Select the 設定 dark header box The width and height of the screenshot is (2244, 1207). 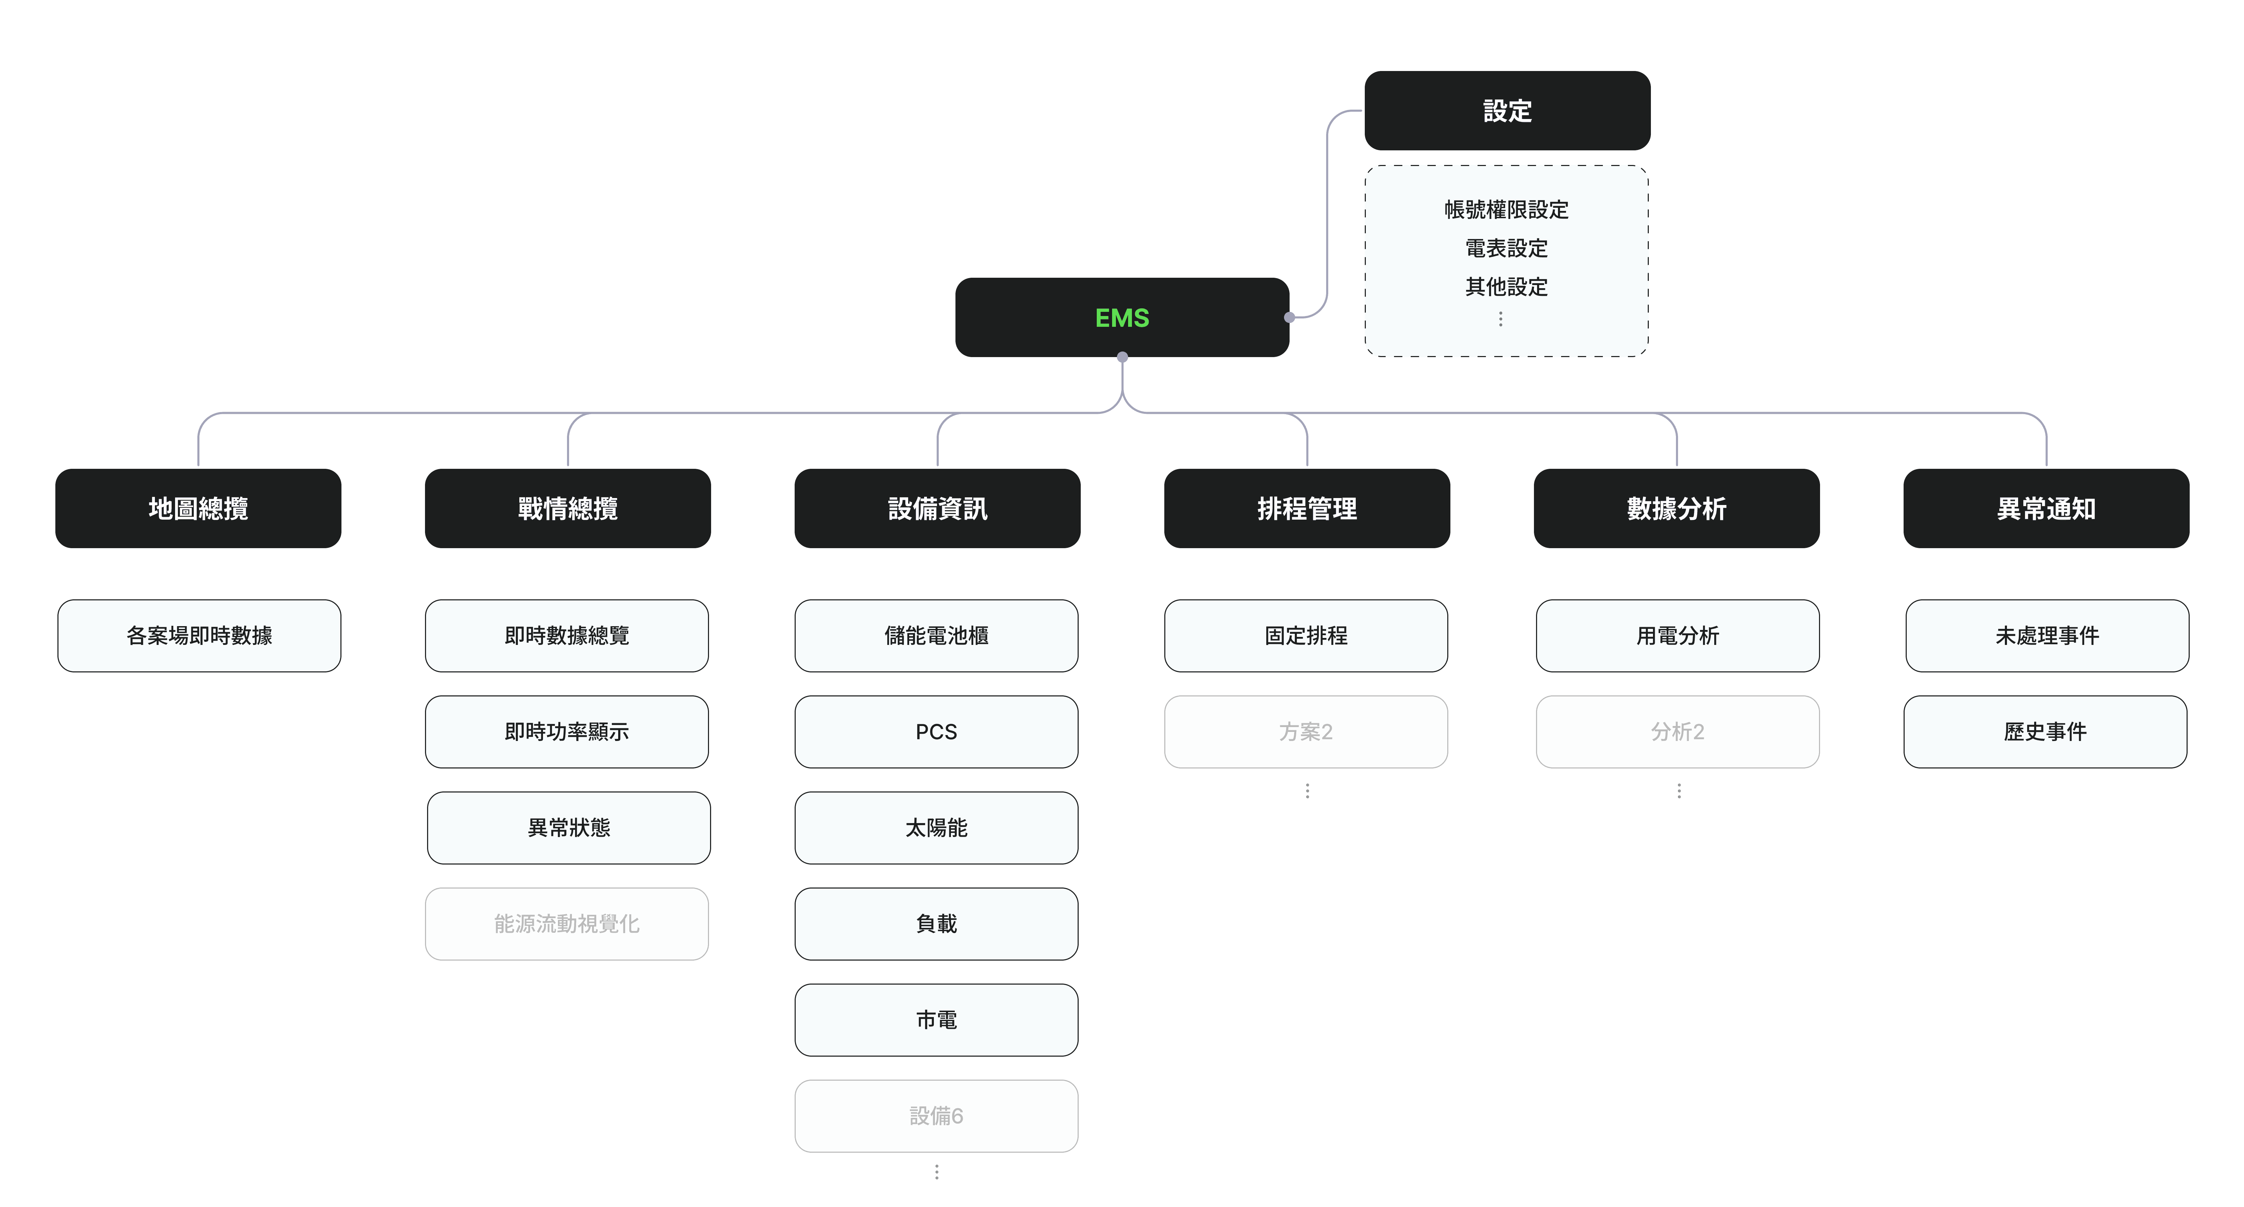pos(1507,111)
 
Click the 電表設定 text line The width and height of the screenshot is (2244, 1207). pos(1506,248)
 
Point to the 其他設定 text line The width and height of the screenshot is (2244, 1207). pos(1506,286)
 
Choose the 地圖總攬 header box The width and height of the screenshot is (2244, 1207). pos(199,508)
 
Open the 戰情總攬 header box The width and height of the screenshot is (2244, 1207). pos(568,508)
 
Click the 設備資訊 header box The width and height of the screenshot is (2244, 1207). pos(937,508)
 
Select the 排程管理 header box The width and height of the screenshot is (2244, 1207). pos(1307,508)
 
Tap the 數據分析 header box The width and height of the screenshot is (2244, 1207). pos(1677,508)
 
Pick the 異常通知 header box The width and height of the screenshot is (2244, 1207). pos(2046,508)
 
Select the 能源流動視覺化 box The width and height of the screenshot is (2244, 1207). pos(567,924)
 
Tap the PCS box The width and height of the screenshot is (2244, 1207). pos(936,732)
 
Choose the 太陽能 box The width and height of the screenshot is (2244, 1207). pos(936,828)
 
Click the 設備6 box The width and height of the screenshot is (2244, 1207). pos(936,1117)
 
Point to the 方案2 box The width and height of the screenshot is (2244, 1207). pos(1306,732)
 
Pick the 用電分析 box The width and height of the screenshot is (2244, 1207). pos(1678,636)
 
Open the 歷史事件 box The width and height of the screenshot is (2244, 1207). pos(2045,732)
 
